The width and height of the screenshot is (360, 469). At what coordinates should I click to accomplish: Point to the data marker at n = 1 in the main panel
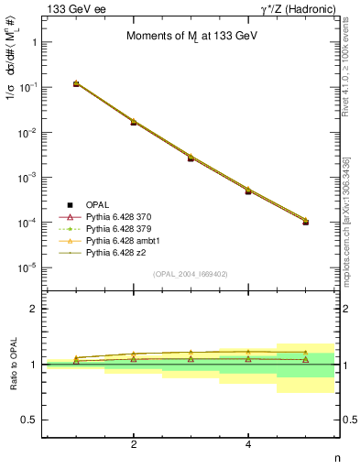click(76, 84)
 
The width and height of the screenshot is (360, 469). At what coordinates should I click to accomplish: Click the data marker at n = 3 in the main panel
click(191, 158)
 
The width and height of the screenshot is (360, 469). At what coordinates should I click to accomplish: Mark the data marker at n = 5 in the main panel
click(306, 222)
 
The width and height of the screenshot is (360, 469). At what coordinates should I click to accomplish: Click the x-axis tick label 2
click(134, 444)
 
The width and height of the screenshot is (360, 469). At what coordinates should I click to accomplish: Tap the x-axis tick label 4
click(248, 444)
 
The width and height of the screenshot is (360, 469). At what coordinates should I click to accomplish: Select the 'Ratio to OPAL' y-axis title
click(13, 364)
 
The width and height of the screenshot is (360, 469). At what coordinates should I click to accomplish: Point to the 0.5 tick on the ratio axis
click(29, 420)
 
